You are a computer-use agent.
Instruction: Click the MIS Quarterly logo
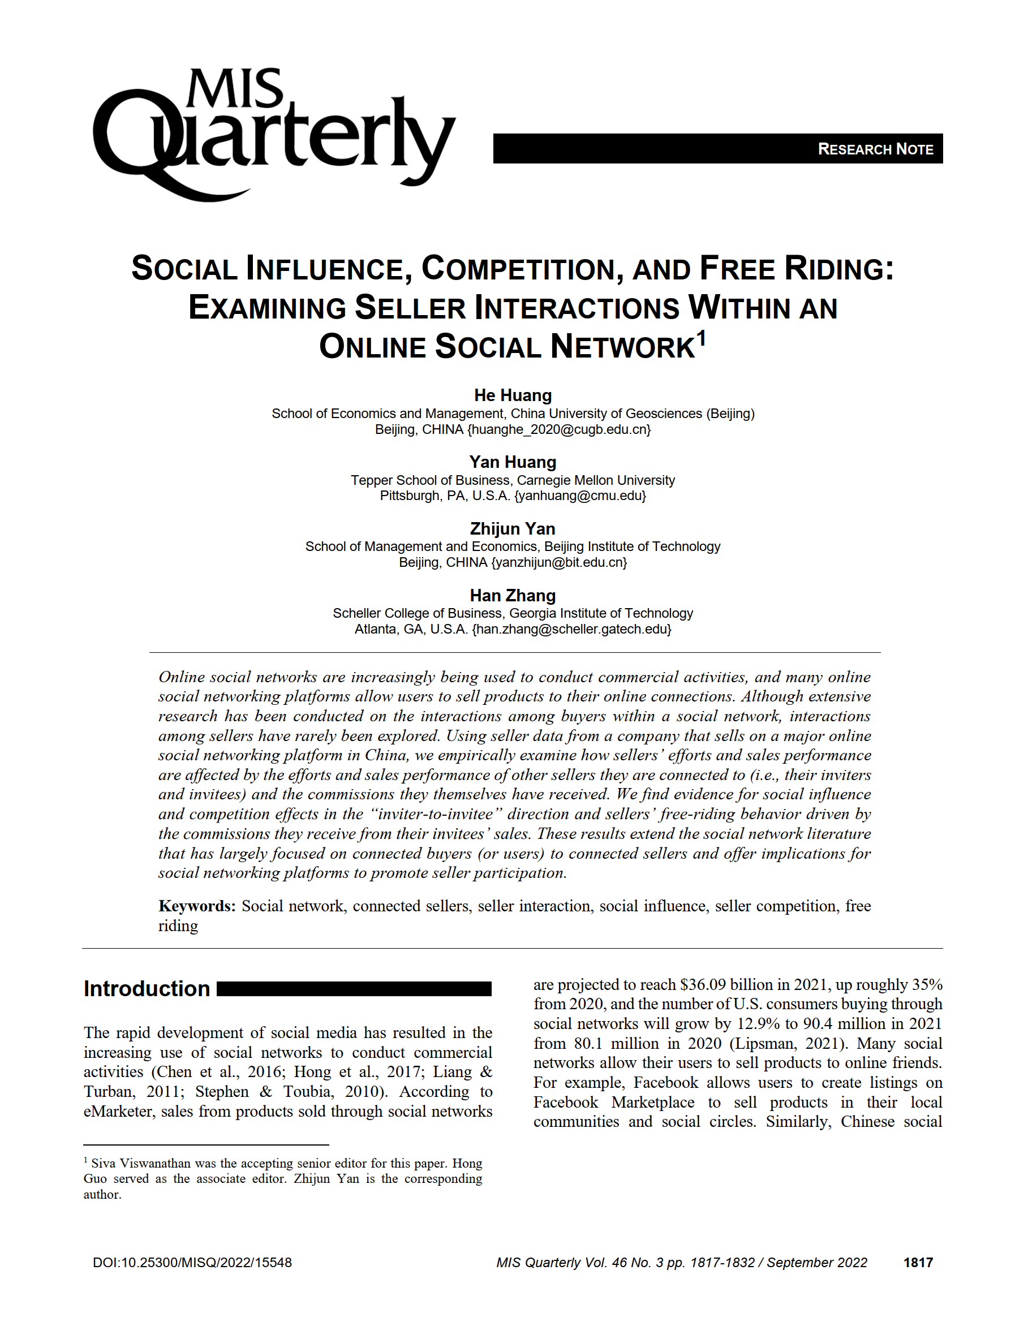point(273,134)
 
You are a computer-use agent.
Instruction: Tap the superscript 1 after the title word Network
point(702,338)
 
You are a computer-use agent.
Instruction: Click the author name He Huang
point(513,395)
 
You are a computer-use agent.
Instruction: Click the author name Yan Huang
point(513,462)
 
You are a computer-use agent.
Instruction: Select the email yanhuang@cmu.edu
point(580,496)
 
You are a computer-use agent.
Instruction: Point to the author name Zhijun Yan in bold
point(513,529)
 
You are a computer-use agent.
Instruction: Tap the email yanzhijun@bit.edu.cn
point(558,562)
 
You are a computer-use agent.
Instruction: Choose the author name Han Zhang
point(513,596)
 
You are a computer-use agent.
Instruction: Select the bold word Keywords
point(197,906)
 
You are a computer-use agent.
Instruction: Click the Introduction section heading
point(147,989)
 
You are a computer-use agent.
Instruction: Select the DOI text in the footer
point(192,1263)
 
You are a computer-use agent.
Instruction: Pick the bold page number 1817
point(918,1263)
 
